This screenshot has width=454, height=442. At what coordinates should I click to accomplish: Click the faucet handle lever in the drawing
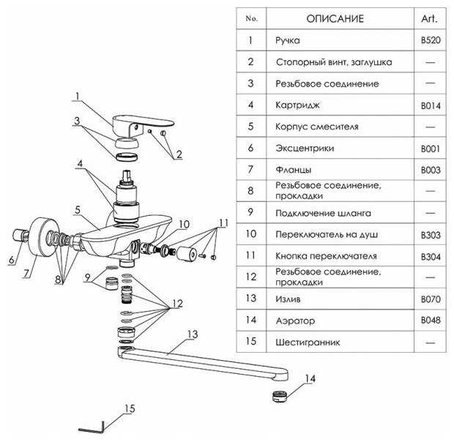[142, 124]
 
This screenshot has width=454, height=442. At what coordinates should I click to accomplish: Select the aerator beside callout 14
[280, 397]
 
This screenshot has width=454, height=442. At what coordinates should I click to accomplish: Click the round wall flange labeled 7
[44, 237]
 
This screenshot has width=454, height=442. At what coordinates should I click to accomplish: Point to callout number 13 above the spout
[193, 334]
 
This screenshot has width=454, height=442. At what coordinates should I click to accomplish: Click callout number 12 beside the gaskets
[177, 304]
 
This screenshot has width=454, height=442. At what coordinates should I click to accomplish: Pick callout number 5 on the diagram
[78, 210]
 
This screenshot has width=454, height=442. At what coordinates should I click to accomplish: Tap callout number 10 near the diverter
[184, 224]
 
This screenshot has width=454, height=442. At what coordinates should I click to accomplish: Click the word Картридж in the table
[297, 105]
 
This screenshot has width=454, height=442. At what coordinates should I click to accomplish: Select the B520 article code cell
[431, 40]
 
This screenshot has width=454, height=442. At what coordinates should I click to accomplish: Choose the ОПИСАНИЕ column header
[335, 19]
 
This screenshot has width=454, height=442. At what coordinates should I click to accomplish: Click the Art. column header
[429, 19]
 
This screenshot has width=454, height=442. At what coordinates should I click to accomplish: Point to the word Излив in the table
[288, 299]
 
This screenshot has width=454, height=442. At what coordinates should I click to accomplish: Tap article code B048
[431, 321]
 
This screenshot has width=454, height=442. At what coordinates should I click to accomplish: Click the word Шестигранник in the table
[308, 342]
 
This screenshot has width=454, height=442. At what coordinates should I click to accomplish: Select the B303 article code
[431, 235]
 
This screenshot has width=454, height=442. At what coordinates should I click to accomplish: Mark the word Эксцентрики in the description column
[305, 148]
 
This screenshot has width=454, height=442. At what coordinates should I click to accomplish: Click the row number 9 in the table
[250, 212]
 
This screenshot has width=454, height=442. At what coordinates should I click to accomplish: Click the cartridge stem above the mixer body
[127, 176]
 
